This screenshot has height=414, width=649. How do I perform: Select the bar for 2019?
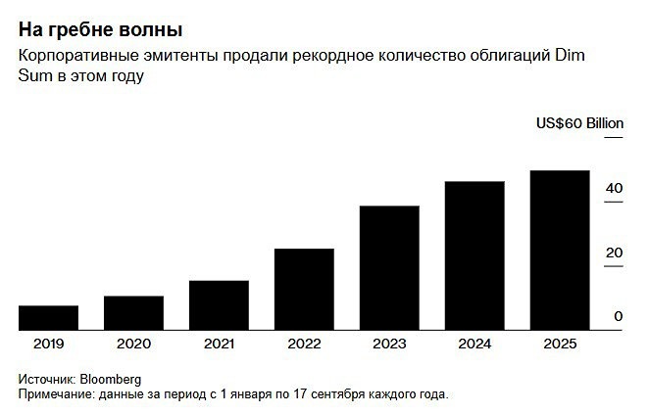coord(48,318)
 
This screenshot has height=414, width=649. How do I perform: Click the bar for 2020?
coord(133,313)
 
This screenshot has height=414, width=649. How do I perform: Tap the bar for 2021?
coord(219,305)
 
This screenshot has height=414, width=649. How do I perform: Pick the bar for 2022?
coord(304,290)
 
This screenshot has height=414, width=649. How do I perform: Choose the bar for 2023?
coord(389,268)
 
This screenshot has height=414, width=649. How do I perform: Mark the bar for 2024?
coord(474,255)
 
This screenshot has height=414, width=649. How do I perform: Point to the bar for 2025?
coord(560,251)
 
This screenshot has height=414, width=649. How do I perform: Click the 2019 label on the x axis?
coord(48,344)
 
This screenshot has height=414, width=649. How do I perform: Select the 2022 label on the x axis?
coord(304,344)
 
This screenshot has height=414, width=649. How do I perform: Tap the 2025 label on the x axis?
coord(560,344)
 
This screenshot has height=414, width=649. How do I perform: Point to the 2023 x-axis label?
coord(389,344)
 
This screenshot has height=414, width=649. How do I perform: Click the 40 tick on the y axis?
coord(615,188)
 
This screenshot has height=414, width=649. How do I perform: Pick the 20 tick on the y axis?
coord(615,253)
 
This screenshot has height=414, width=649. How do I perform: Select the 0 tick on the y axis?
coord(619,316)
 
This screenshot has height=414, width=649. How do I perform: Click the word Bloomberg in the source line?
coord(112,379)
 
